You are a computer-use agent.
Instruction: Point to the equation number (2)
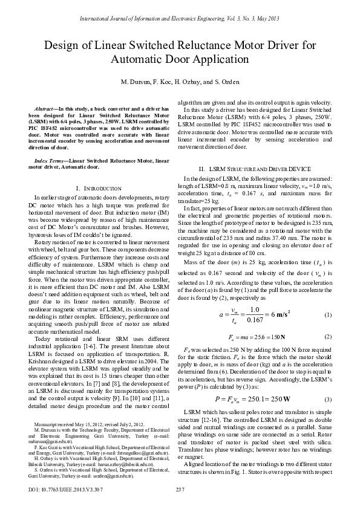pos(327,336)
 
